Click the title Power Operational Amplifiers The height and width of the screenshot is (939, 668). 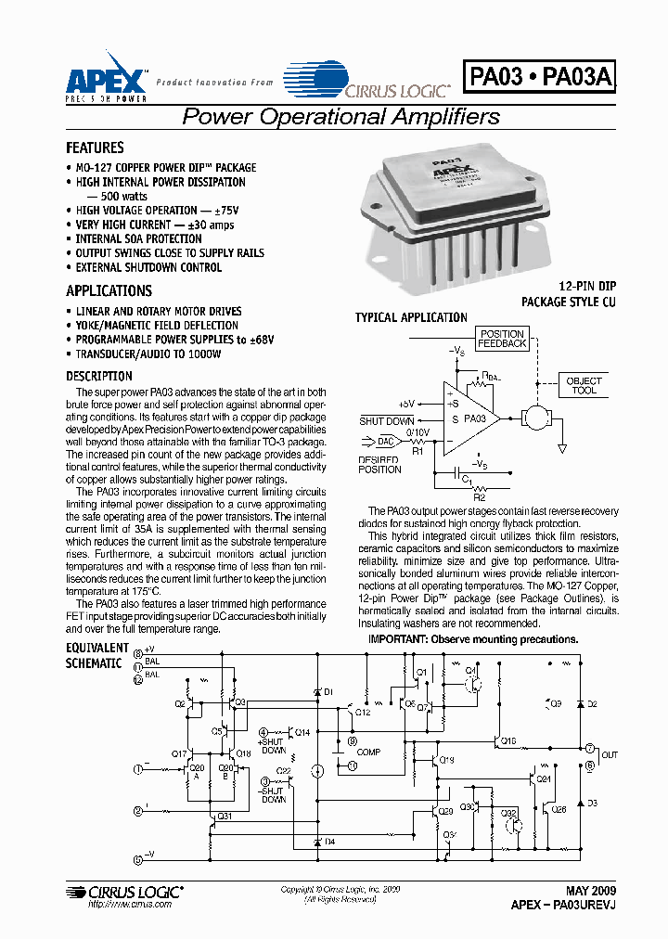coord(340,117)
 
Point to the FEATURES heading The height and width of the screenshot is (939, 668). coord(95,148)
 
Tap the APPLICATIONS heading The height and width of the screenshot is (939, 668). coord(109,290)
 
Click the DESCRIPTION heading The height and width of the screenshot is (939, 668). coord(99,376)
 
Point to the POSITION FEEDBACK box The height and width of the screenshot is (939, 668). coord(502,339)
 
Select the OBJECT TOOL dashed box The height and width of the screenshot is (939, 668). coord(584,385)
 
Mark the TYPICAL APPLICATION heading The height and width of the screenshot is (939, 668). coord(411,317)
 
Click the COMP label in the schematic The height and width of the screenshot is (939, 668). coord(368,752)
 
